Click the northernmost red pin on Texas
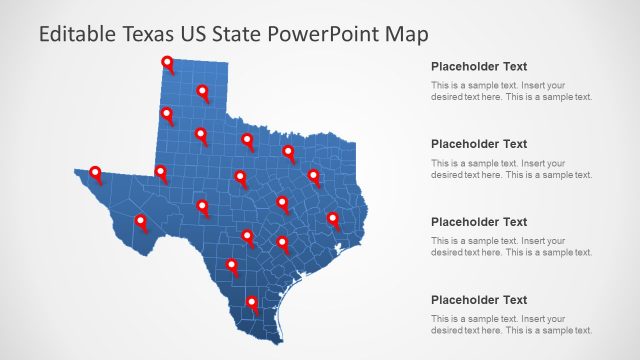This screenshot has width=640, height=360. [167, 64]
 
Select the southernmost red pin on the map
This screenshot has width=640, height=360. [252, 302]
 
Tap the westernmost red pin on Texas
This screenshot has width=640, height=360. [95, 173]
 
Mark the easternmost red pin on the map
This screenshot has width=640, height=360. [333, 218]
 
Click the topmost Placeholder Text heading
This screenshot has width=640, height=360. [478, 66]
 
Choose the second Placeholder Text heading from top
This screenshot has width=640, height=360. [478, 144]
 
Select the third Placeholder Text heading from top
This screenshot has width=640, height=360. [478, 222]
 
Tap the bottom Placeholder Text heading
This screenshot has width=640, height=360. [478, 300]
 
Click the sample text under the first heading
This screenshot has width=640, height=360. [511, 91]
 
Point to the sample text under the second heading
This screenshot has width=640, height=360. [511, 169]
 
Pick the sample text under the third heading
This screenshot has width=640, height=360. [511, 247]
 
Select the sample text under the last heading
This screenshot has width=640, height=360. [511, 325]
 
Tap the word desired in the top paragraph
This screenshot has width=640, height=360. [447, 97]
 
